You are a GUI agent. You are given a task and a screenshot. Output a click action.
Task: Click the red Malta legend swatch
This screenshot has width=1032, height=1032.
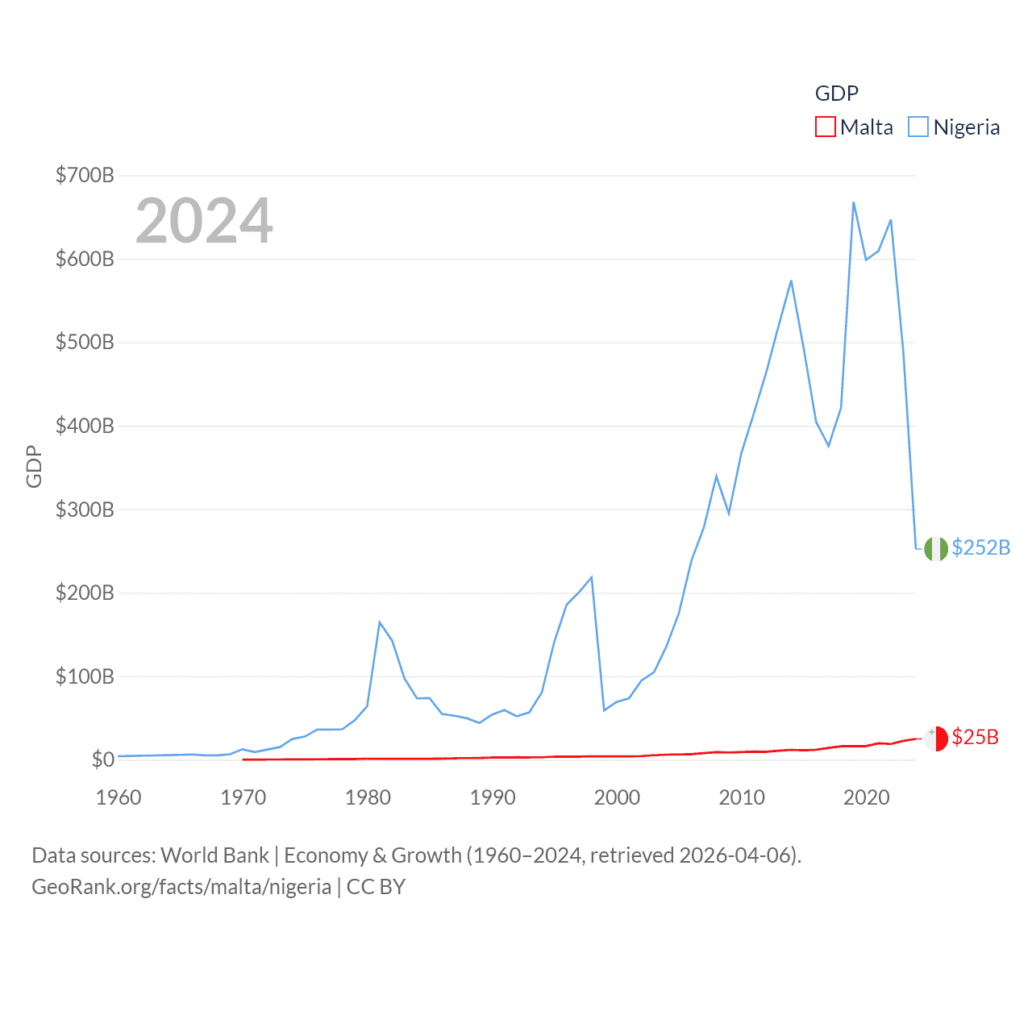(x=825, y=127)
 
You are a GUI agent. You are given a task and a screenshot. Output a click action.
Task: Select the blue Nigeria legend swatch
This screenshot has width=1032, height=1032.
(x=918, y=127)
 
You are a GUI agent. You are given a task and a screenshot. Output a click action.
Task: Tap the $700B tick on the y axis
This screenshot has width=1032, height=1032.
(x=85, y=175)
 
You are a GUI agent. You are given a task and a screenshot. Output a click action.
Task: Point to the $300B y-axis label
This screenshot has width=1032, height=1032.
(x=85, y=510)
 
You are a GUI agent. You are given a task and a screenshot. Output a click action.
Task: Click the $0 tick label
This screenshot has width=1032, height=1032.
(x=102, y=759)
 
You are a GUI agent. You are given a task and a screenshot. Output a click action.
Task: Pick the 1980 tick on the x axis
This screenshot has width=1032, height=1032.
(x=368, y=797)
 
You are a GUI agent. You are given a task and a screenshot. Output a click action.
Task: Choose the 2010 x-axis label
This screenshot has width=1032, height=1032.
(x=742, y=797)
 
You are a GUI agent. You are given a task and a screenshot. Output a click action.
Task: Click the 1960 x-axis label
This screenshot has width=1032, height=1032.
(x=119, y=797)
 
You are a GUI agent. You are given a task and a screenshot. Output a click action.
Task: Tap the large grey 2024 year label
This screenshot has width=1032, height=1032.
(x=204, y=221)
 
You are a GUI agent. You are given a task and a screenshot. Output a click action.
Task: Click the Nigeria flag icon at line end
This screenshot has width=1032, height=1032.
(x=935, y=548)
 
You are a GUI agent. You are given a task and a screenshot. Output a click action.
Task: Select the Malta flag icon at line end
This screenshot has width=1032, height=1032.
(x=935, y=738)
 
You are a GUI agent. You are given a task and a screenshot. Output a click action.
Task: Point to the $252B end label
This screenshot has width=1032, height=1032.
(x=980, y=547)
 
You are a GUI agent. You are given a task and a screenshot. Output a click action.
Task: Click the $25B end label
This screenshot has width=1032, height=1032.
(x=975, y=737)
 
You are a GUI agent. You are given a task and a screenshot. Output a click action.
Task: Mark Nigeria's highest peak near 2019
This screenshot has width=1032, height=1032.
(x=853, y=202)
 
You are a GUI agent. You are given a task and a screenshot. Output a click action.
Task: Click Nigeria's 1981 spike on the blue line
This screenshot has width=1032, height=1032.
(x=380, y=622)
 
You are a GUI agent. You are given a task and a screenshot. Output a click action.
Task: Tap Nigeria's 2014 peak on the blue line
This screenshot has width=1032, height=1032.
(x=791, y=281)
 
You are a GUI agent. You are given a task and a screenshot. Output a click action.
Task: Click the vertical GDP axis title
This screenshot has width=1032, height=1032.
(x=34, y=466)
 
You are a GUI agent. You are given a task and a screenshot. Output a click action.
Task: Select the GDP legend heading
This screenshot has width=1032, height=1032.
(x=837, y=94)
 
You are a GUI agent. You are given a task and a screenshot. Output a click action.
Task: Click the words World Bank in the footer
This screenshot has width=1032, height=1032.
(x=214, y=855)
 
